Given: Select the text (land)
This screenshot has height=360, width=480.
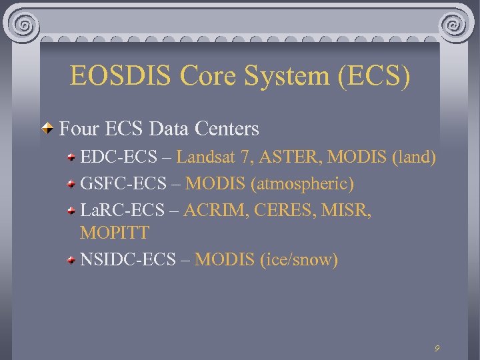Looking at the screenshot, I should (414, 157).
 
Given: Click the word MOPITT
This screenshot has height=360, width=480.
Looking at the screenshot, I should (115, 233).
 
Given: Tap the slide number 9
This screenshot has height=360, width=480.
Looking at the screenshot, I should (437, 348).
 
